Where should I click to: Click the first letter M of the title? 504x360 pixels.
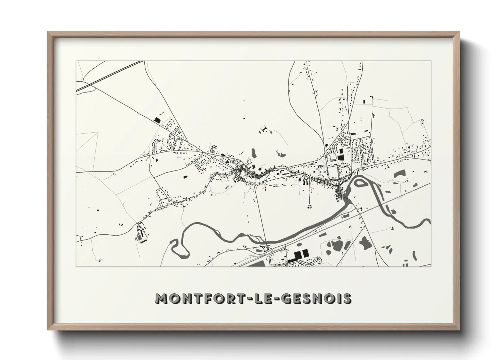coord(162,298)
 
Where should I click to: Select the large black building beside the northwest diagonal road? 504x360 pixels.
coord(157,119)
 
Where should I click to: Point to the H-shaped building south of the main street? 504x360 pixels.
coord(305,182)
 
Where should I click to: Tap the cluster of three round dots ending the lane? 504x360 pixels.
coord(310,206)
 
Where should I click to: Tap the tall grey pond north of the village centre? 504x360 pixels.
coord(254,153)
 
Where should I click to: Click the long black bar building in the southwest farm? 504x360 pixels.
coord(141,241)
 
